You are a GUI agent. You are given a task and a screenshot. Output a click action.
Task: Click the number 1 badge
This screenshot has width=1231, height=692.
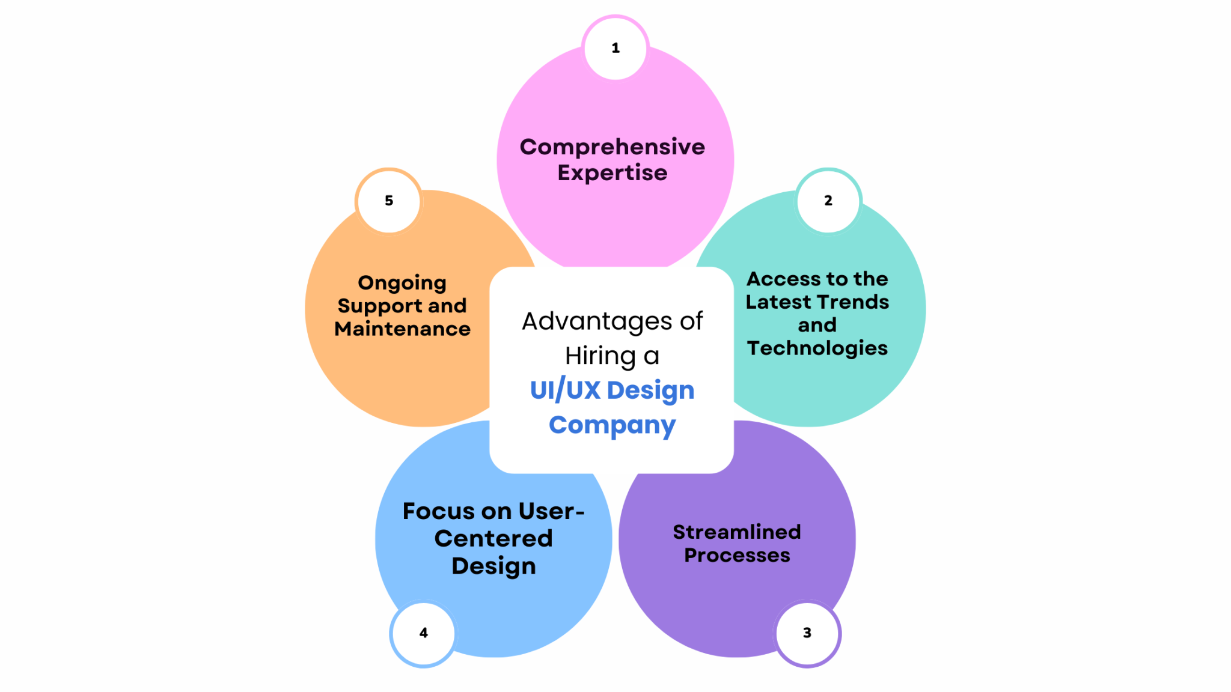(x=615, y=48)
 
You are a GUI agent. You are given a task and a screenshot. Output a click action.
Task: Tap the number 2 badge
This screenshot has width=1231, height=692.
(x=828, y=201)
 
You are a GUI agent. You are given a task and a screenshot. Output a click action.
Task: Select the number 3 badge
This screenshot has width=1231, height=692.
(x=807, y=633)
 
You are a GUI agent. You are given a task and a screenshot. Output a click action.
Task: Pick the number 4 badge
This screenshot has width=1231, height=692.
(x=424, y=633)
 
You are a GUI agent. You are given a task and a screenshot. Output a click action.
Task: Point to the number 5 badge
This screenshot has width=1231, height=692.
(x=389, y=201)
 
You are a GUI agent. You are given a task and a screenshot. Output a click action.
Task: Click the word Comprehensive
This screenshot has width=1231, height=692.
(x=612, y=147)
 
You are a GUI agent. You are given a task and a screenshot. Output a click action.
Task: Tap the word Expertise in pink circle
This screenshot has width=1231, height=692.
(x=612, y=173)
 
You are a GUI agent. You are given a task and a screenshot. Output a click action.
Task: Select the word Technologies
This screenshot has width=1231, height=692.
(x=817, y=348)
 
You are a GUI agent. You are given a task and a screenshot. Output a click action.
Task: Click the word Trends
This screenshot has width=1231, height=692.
(x=854, y=302)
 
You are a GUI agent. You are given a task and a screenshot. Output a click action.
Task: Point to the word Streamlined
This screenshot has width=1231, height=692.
(x=736, y=532)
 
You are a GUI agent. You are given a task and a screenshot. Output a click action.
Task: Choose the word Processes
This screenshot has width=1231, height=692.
(x=737, y=556)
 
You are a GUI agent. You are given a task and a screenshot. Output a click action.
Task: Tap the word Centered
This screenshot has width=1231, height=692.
(x=493, y=539)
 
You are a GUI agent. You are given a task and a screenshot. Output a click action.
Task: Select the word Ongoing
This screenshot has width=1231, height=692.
(x=402, y=284)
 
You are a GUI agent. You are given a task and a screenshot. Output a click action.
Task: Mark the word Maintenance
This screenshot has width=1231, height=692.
(x=402, y=329)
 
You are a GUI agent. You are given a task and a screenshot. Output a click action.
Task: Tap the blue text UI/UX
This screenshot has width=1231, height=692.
(x=565, y=390)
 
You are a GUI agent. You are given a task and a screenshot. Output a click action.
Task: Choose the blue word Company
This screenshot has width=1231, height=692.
(x=612, y=425)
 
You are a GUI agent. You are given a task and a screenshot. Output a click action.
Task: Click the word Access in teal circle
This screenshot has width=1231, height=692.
(x=783, y=279)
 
